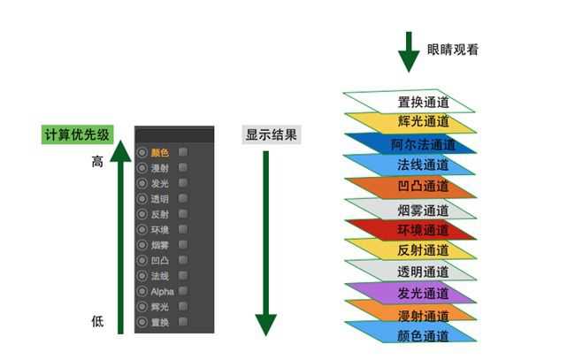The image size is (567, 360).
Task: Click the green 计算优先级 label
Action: coord(78,135)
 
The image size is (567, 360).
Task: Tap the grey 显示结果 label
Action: coord(272,135)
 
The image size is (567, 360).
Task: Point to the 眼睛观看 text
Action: coord(452,50)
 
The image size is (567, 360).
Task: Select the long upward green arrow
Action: coord(120,239)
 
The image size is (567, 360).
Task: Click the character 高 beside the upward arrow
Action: coord(97,163)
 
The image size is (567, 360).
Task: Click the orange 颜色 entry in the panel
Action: coord(159,153)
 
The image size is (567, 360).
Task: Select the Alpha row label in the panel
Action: coord(162,291)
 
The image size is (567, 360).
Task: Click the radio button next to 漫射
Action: coord(142,168)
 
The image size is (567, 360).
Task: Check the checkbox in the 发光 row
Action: coord(183,183)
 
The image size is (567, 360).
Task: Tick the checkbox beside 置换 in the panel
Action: coord(183,322)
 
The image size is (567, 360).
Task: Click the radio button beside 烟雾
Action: coord(142,245)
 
